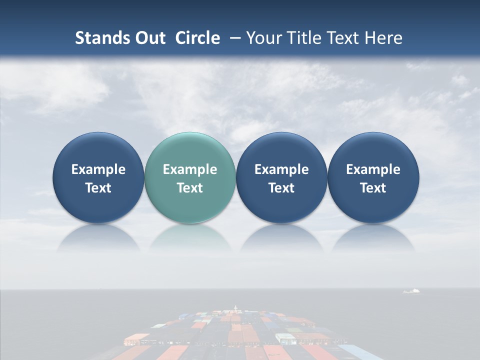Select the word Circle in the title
[x=197, y=38]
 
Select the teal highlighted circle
[x=189, y=178]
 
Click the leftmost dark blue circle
[x=98, y=178]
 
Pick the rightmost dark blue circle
[x=373, y=178]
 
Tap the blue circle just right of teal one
[x=281, y=178]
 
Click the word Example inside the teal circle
[x=190, y=169]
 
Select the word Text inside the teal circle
[x=190, y=188]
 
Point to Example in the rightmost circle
[x=373, y=169]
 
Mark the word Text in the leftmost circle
[x=98, y=188]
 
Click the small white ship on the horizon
[x=411, y=291]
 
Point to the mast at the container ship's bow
[x=235, y=307]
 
